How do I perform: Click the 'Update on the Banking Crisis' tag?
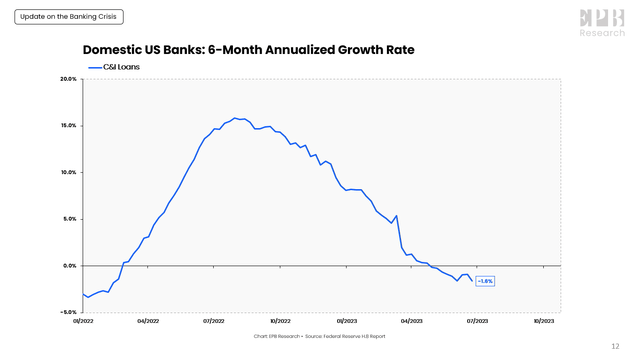(67, 17)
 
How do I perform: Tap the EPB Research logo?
(602, 22)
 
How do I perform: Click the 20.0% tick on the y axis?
(67, 79)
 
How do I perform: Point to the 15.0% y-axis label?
(67, 126)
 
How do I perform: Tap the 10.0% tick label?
(67, 172)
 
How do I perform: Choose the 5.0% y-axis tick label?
(68, 219)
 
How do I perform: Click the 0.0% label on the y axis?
(68, 266)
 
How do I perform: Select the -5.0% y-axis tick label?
(67, 312)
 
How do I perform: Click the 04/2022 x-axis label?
(149, 321)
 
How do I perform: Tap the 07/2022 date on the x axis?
(214, 321)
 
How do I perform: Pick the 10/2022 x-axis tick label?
(280, 321)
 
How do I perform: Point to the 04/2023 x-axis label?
(411, 321)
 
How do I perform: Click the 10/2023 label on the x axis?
(543, 321)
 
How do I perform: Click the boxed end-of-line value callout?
(484, 281)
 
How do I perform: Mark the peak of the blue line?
(235, 118)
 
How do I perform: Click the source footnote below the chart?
(320, 336)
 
